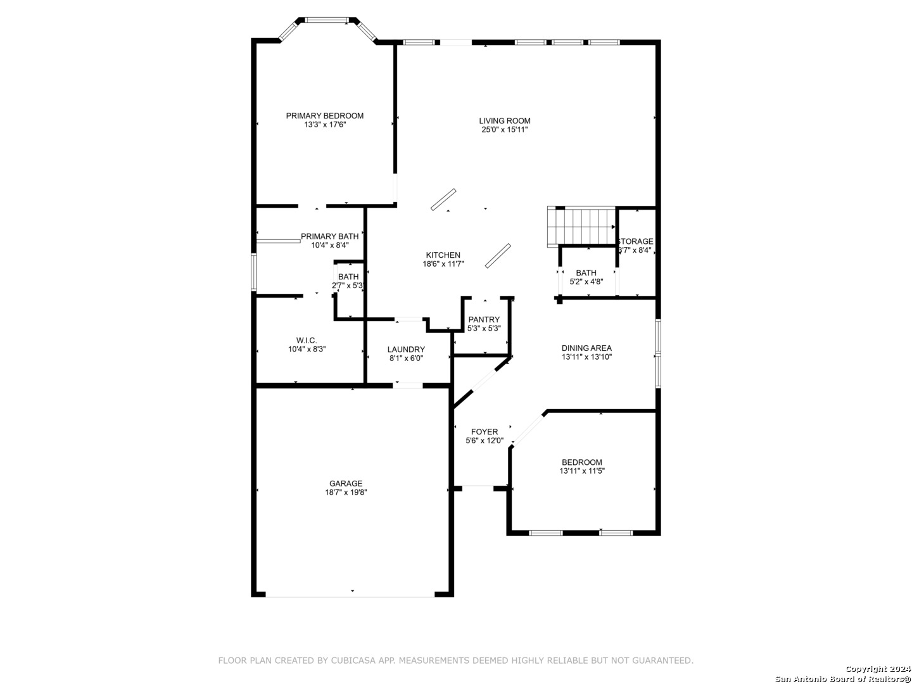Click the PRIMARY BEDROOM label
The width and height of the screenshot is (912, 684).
click(x=324, y=116)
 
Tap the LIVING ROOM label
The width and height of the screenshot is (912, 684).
click(x=504, y=121)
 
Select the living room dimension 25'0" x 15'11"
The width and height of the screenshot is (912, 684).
click(x=504, y=130)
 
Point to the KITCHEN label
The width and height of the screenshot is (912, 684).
click(x=443, y=255)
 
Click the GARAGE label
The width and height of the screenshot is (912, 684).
click(x=346, y=483)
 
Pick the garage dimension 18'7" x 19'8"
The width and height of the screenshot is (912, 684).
click(x=346, y=493)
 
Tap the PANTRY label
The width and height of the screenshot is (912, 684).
click(x=484, y=319)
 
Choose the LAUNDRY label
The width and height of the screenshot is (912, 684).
click(x=406, y=350)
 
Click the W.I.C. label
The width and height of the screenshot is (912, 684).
click(x=307, y=341)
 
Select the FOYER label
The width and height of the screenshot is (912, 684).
click(x=484, y=431)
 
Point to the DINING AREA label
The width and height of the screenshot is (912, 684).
click(x=586, y=348)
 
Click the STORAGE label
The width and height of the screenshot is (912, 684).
click(x=636, y=241)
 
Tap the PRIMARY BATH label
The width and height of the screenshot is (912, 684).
click(x=329, y=236)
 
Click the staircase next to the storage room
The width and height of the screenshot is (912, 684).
click(x=581, y=227)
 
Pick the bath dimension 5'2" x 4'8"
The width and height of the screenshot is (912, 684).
click(x=586, y=282)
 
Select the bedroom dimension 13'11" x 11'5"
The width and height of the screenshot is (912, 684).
click(x=581, y=471)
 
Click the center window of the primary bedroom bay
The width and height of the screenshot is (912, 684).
click(x=327, y=20)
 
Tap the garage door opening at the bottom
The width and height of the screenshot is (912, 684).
click(x=350, y=597)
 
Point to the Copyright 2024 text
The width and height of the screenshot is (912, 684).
click(x=878, y=669)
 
